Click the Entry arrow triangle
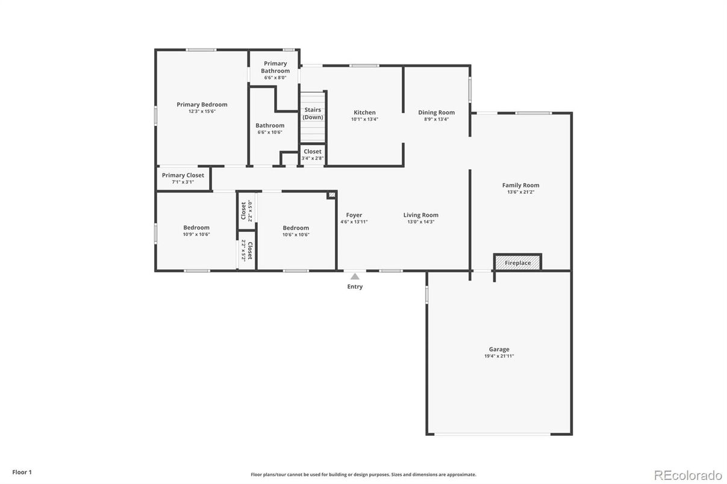point(355,276)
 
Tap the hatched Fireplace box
point(517,262)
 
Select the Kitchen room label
point(364,113)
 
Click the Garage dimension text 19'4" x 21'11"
point(499,356)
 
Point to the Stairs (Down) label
point(313,114)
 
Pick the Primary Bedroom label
point(202,105)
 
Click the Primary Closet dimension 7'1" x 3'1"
point(183,182)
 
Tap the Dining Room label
point(436,113)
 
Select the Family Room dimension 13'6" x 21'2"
point(520,192)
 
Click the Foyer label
point(354,215)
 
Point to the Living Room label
point(420,215)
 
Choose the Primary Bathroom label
point(275,67)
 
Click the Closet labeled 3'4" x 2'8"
point(312,155)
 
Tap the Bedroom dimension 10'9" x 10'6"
point(196,234)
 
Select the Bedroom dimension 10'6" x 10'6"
point(296,235)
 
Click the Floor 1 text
point(22,472)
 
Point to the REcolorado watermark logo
point(688,475)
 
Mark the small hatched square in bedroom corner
point(331,194)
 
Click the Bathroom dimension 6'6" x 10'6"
point(270,132)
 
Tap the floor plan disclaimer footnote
point(363,474)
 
